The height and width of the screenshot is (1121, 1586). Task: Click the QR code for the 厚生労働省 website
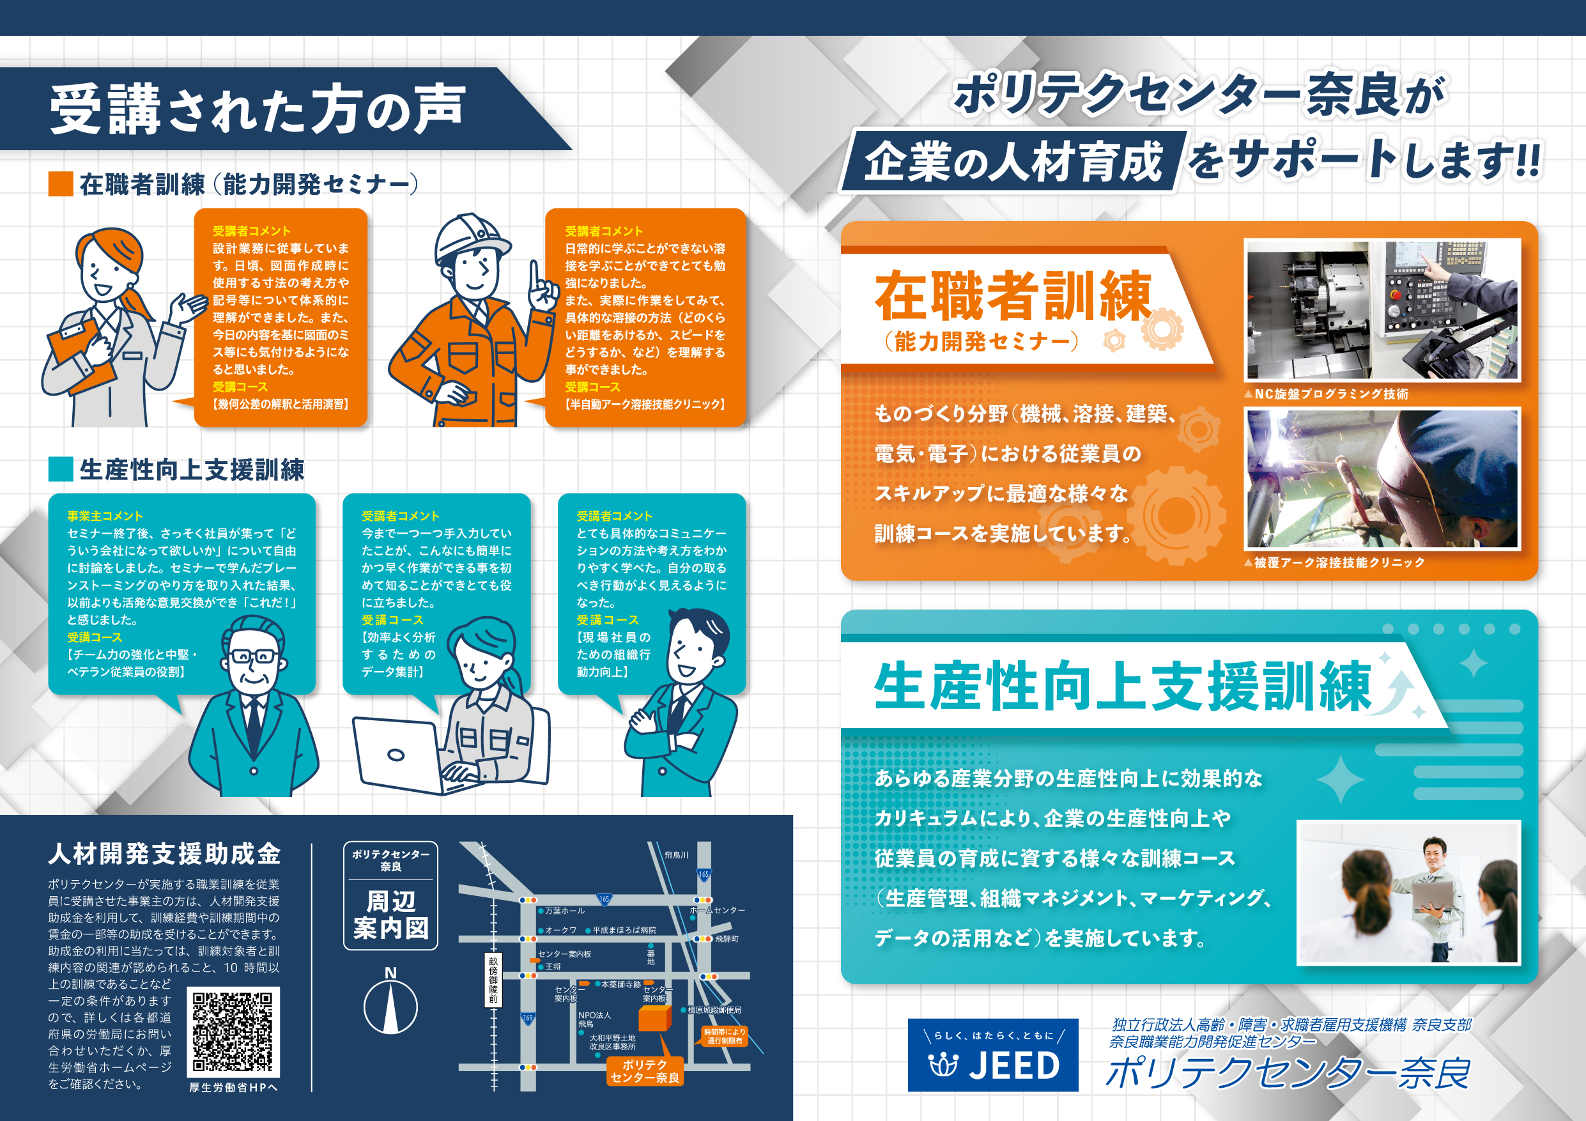233,1032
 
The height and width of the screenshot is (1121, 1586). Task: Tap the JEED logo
992,1055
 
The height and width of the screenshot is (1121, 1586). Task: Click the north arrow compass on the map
390,1007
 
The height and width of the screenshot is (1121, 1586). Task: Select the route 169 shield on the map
528,1018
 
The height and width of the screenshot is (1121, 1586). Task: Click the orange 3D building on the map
654,1018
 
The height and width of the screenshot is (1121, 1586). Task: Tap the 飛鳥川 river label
676,855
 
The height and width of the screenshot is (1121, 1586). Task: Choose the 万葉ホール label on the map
564,911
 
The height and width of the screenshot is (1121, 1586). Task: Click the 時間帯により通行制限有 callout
724,1036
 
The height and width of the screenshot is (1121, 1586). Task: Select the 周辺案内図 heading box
390,896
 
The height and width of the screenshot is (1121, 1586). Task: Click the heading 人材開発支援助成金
164,854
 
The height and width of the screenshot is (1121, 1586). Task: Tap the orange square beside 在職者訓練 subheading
61,185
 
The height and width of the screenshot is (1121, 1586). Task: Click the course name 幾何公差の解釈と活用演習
281,404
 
